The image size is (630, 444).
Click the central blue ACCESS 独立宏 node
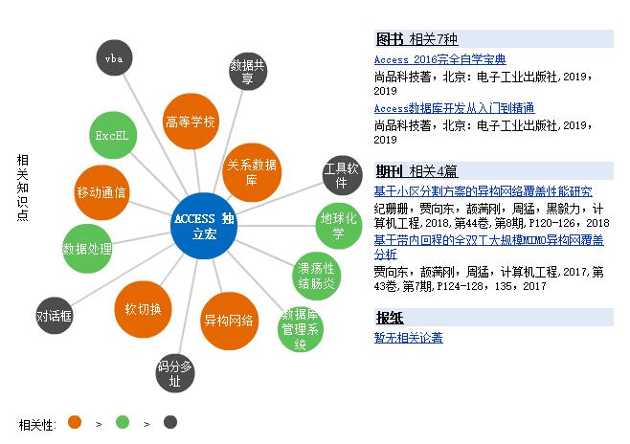[x=203, y=227]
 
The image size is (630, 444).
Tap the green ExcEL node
[x=111, y=135]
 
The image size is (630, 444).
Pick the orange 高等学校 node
[x=191, y=122]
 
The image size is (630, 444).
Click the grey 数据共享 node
[x=248, y=73]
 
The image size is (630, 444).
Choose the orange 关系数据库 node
[x=252, y=172]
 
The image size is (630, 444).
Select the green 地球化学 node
[x=338, y=226]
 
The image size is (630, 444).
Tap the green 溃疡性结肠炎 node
[x=315, y=275]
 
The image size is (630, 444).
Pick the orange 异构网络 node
[x=230, y=321]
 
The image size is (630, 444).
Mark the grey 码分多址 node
[x=175, y=373]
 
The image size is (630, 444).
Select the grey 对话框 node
[x=55, y=315]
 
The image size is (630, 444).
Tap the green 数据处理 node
[x=87, y=249]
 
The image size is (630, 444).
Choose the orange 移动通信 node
[x=101, y=191]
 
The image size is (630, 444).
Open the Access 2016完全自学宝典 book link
[x=439, y=60]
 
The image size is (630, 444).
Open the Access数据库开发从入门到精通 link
[x=454, y=108]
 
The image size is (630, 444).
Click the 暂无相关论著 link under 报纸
[x=408, y=338]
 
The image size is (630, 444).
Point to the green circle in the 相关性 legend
[x=122, y=422]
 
